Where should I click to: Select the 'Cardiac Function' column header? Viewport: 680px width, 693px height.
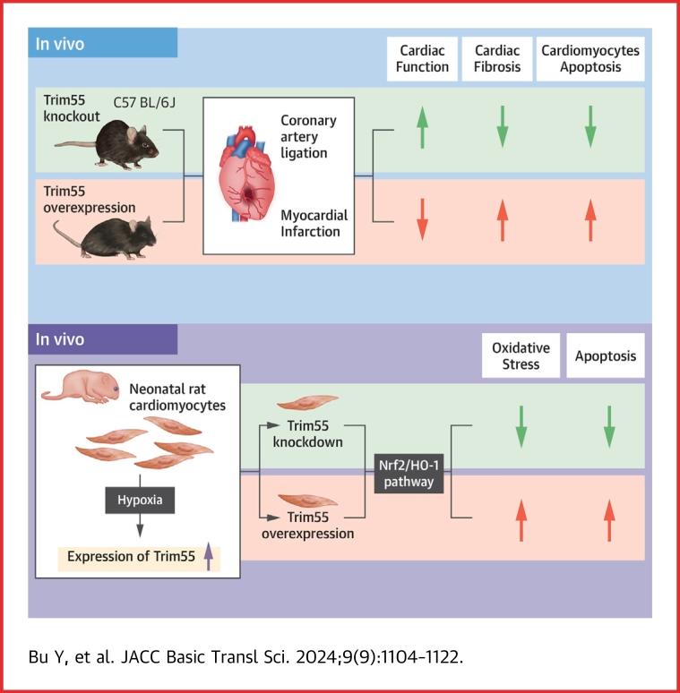(421, 59)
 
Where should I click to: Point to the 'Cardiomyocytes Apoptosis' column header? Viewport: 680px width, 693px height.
(590, 59)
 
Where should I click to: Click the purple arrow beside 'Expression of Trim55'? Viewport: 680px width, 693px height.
(208, 558)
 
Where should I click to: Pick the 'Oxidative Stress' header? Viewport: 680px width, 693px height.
(515, 355)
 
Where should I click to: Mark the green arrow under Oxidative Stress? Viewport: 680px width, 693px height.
(520, 426)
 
